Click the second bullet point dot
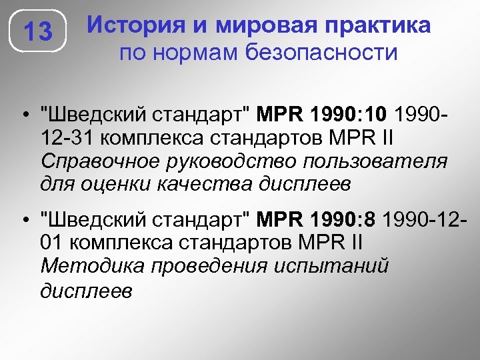click(23, 219)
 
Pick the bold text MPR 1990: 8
click(322, 219)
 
